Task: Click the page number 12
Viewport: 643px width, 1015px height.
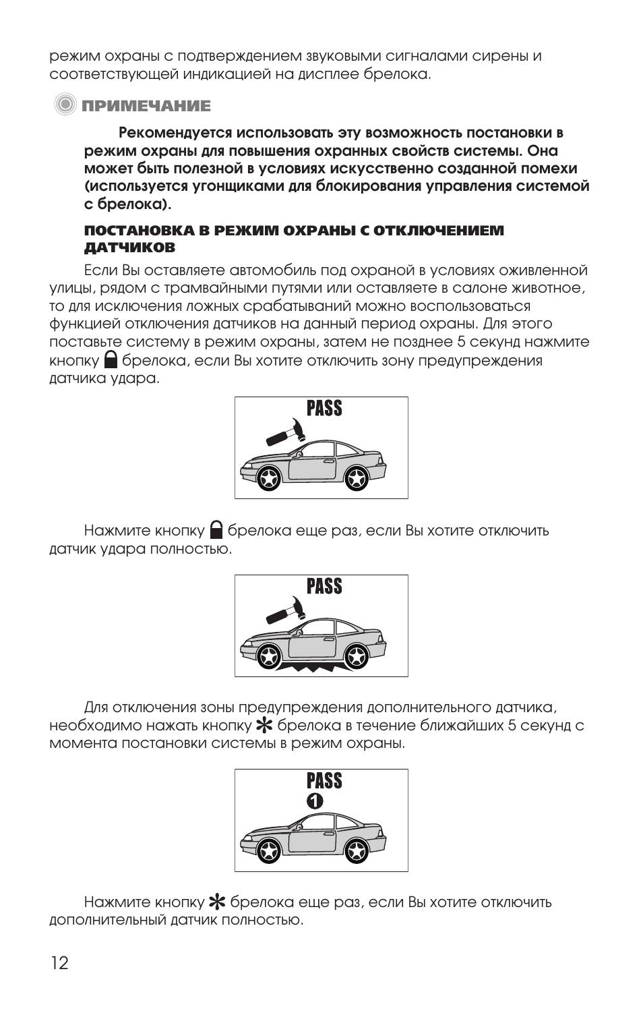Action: click(x=59, y=962)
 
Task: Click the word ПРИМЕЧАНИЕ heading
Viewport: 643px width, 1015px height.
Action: click(x=146, y=106)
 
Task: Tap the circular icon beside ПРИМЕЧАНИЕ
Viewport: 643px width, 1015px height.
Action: click(x=65, y=105)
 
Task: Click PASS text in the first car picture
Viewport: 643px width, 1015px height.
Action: click(x=324, y=409)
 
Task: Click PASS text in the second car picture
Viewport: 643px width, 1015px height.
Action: click(x=324, y=587)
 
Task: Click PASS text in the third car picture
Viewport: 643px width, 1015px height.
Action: click(x=324, y=781)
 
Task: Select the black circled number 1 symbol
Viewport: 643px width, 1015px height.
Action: click(x=315, y=801)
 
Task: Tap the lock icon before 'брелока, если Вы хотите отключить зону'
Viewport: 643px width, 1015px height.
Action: click(x=111, y=359)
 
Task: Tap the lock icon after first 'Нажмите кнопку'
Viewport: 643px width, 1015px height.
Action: click(x=216, y=529)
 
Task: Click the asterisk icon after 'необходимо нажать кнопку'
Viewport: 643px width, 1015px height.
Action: click(x=264, y=726)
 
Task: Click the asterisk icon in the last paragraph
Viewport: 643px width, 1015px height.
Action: click(x=217, y=902)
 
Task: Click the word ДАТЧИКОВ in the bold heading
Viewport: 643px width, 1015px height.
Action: click(x=129, y=248)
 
